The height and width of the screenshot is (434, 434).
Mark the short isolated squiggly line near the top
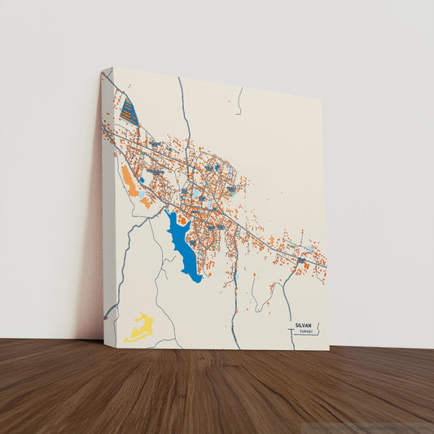239,101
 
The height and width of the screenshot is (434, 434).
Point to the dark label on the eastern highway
301,260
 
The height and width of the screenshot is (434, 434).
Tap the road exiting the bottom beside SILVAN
288,322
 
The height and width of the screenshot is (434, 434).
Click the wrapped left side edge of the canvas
107,204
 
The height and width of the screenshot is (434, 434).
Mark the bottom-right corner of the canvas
329,351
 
